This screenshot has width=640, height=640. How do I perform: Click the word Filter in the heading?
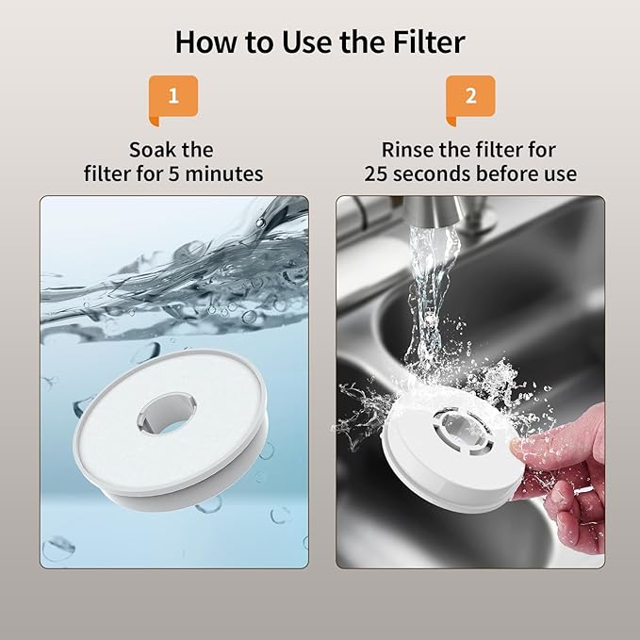(429, 41)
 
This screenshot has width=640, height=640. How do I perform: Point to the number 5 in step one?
(173, 173)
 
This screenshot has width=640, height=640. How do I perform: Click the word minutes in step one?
(224, 173)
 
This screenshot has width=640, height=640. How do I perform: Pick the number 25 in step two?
(376, 173)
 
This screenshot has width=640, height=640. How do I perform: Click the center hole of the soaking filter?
(167, 413)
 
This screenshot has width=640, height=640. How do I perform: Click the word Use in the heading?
(307, 41)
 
